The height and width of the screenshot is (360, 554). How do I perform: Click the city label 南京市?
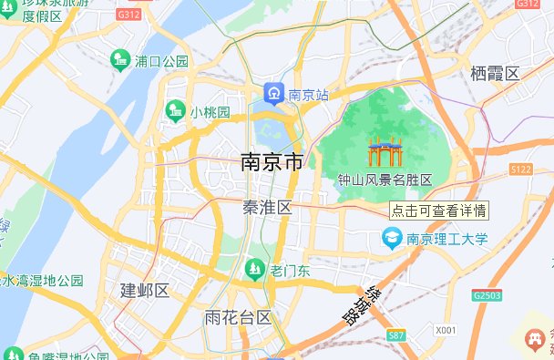click(271, 164)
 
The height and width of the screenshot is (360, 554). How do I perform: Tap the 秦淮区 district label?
click(267, 208)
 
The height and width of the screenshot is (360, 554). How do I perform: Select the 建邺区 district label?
click(145, 291)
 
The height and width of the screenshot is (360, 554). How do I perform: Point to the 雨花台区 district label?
click(239, 318)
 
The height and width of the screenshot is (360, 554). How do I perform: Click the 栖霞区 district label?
click(495, 73)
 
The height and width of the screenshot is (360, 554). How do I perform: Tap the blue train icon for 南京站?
click(273, 94)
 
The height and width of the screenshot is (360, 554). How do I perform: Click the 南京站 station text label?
click(308, 94)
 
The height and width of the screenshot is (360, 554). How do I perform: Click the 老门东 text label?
click(291, 270)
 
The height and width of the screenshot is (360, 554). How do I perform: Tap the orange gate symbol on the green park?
click(385, 152)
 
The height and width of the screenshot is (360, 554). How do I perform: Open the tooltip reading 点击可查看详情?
click(438, 210)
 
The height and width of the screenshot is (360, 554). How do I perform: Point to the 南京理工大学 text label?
click(447, 240)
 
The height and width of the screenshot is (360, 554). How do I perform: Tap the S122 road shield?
click(521, 170)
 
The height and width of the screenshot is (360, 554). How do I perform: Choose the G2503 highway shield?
click(487, 296)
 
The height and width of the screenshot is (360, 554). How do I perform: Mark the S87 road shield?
click(395, 336)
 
